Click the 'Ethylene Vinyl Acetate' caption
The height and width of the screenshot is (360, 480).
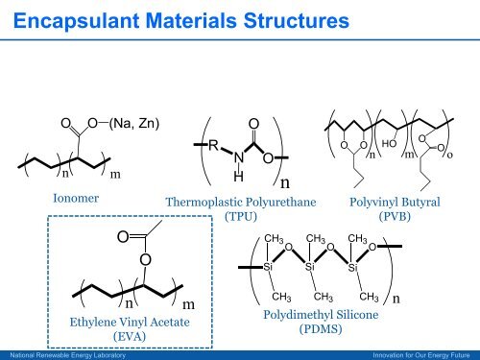coord(128,322)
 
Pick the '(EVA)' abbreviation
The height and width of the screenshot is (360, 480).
coord(128,337)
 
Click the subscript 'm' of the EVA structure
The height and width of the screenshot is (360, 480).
coord(189,303)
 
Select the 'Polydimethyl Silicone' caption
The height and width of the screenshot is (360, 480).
coord(307,315)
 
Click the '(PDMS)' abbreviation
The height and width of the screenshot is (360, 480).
coord(307,330)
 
